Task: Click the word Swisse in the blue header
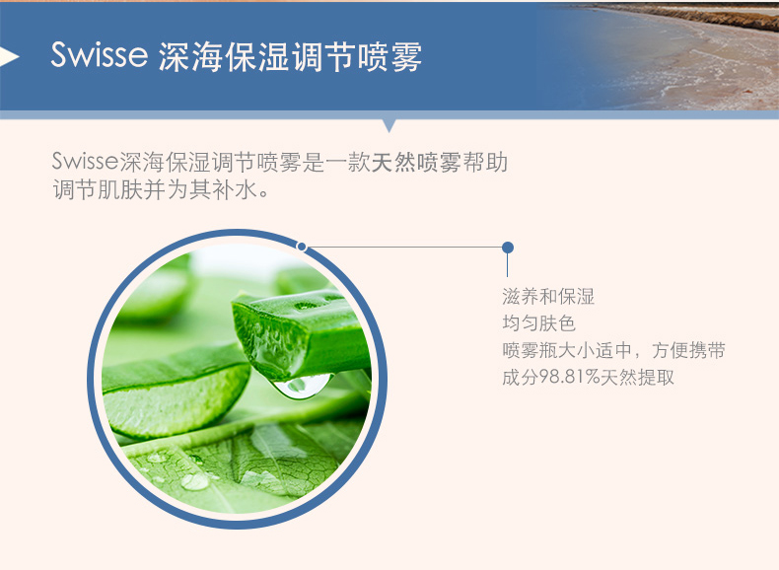coord(100,53)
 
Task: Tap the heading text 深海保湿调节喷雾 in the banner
coord(290,55)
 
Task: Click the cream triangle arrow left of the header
coord(10,56)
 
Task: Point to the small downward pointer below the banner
coord(389,125)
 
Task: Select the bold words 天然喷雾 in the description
coord(416,162)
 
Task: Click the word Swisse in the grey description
coord(85,161)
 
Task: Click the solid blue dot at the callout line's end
coord(507,247)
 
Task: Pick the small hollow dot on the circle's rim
coord(301,246)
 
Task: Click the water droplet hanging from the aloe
coord(303,386)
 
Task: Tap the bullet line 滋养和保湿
coord(548,297)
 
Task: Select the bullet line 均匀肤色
coord(538,323)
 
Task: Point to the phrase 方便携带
coord(688,350)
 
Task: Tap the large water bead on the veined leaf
coord(194,481)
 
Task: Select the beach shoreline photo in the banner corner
coord(661,55)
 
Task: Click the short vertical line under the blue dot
coord(507,265)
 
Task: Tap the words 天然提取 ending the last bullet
coord(637,377)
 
